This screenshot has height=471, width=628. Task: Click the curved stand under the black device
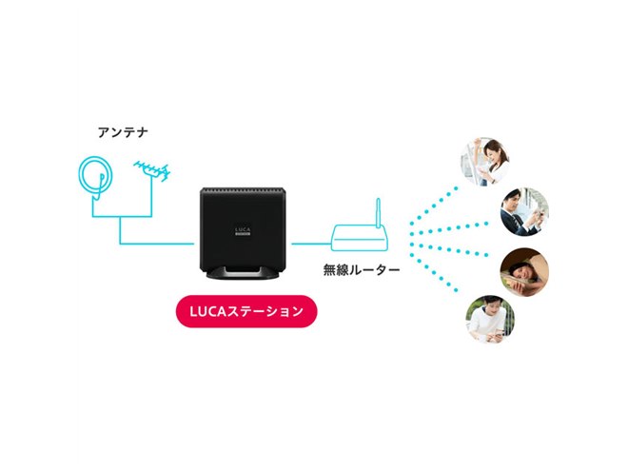point(242,275)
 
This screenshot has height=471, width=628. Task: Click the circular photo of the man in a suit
point(522,209)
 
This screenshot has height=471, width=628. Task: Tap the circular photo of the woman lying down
point(522,269)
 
